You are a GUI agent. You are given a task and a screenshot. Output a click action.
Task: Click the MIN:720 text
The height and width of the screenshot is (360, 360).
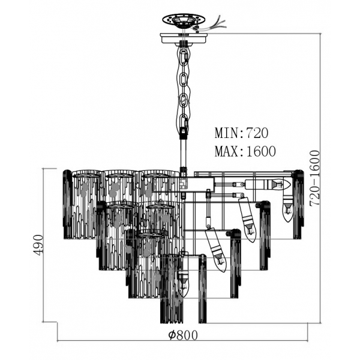241,133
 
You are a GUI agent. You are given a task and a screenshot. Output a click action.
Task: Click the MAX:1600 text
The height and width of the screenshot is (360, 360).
245,151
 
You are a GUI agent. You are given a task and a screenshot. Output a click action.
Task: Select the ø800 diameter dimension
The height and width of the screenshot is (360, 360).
183,335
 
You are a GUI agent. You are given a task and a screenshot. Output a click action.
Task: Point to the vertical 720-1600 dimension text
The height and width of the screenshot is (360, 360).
314,178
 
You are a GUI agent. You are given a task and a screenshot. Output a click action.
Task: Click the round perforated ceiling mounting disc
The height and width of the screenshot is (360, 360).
184,20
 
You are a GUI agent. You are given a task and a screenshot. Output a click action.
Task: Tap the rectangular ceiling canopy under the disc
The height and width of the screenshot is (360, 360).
184,38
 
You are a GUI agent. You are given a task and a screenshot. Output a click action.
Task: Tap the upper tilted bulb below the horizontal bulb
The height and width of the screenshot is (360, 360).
247,220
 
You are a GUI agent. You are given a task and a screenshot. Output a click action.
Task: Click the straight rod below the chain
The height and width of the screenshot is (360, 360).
183,154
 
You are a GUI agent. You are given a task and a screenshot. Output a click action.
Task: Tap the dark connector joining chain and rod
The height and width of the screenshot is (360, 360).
184,133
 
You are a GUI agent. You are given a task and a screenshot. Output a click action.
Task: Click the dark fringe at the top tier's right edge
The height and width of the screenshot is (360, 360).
298,205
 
